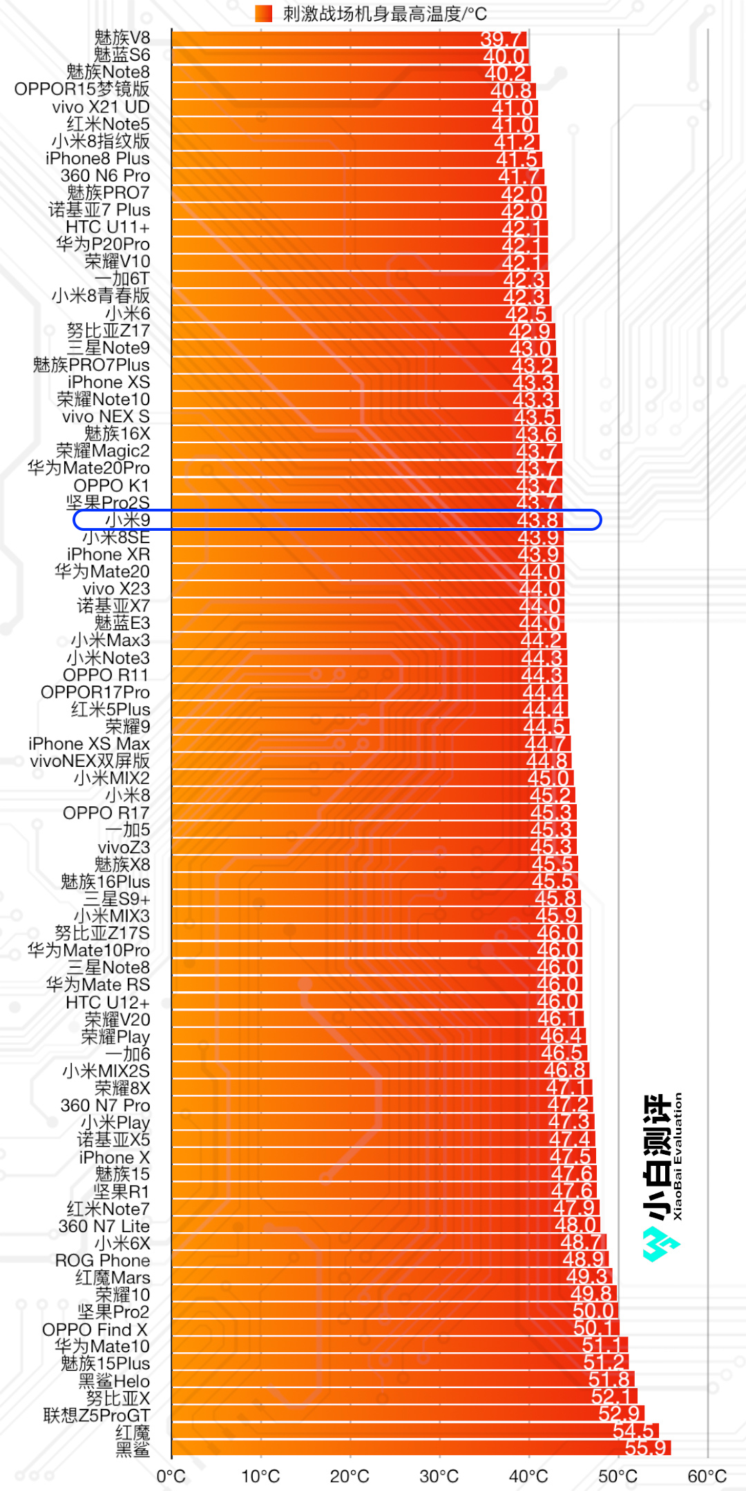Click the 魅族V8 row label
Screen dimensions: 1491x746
[122, 38]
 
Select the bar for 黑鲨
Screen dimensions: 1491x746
[414, 1448]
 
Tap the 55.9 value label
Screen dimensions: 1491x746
[646, 1448]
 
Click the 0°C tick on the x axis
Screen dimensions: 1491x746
[171, 1477]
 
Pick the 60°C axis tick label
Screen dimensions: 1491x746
[707, 1477]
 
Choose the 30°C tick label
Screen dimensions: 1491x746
[439, 1477]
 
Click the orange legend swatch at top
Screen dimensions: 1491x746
[263, 14]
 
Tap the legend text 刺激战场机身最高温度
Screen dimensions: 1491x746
[385, 14]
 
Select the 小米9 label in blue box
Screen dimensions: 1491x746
[128, 520]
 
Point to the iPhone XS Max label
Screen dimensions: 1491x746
[89, 744]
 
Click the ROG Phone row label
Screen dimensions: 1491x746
[102, 1260]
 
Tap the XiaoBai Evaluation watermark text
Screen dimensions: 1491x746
[678, 1156]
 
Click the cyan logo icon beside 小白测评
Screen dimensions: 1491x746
[661, 1244]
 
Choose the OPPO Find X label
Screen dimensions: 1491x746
[95, 1329]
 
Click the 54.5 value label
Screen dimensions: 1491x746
[633, 1430]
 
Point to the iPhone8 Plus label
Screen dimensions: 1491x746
[97, 159]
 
